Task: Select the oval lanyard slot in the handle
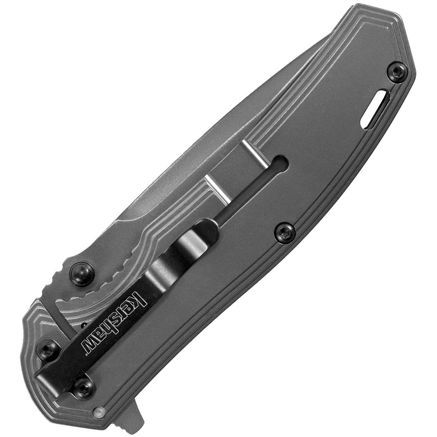pyautogui.click(x=375, y=108)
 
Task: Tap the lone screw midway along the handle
pyautogui.click(x=284, y=232)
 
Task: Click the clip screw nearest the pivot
pyautogui.click(x=48, y=350)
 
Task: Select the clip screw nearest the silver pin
pyautogui.click(x=84, y=387)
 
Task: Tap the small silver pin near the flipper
pyautogui.click(x=100, y=411)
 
